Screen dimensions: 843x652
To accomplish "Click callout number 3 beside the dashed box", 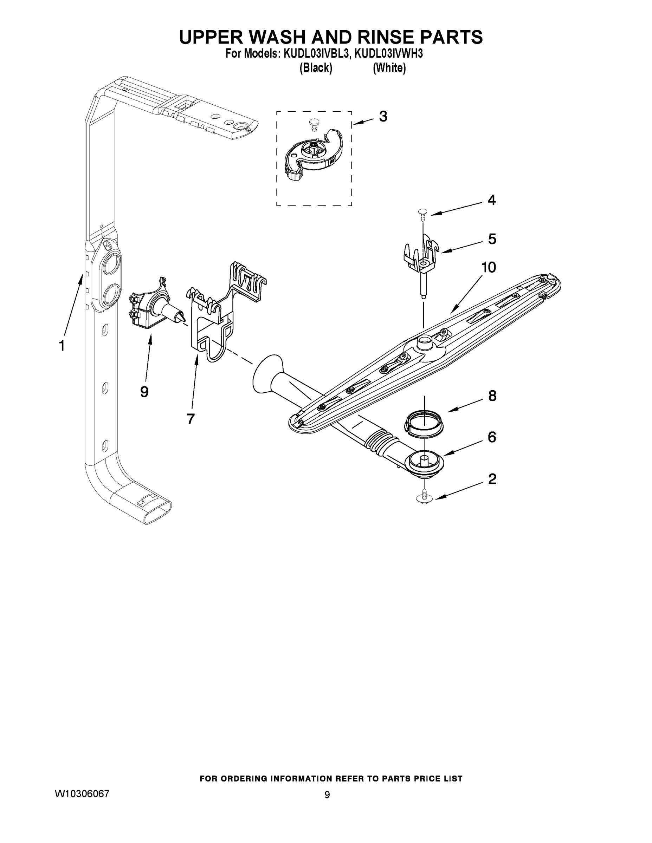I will pos(383,116).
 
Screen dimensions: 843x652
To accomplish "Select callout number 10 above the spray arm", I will pos(489,267).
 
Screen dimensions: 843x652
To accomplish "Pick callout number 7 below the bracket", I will pos(191,418).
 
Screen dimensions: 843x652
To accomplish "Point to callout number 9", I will pos(144,392).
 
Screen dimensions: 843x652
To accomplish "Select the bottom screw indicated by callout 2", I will pos(425,498).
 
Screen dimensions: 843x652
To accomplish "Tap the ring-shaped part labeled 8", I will pos(424,424).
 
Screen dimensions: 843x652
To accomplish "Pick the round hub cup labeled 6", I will pos(424,462).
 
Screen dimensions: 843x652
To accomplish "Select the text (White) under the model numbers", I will pos(389,68).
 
